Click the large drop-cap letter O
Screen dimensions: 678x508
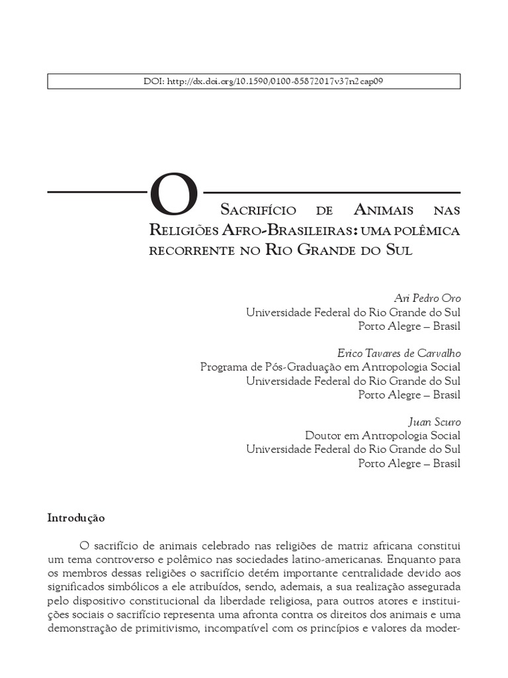pos(174,196)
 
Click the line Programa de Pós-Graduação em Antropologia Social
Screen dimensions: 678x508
pos(330,367)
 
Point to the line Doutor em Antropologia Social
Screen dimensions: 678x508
pos(382,435)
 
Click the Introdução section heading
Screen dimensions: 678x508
pos(76,517)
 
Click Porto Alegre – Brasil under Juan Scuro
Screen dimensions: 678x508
pos(409,463)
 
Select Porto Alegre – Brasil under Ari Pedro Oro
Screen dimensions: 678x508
pos(409,326)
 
